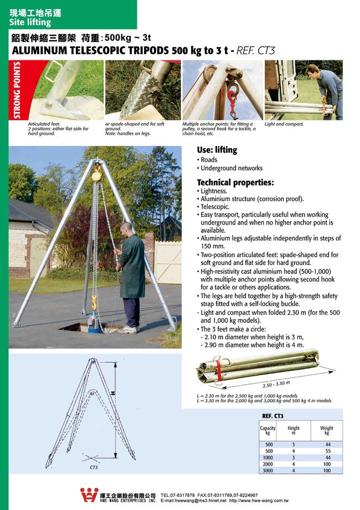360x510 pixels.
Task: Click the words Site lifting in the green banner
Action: point(30,23)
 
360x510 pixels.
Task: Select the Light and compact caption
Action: point(284,124)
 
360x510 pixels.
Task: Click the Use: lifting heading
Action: point(217,150)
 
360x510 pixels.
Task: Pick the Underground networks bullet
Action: point(232,168)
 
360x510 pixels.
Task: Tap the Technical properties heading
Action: point(235,182)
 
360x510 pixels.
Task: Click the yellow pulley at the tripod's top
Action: point(97,174)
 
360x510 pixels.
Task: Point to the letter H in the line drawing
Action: point(112,392)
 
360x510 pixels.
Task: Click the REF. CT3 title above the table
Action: point(272,415)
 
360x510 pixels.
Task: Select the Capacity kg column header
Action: point(268,431)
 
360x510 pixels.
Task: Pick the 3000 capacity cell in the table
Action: point(268,470)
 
